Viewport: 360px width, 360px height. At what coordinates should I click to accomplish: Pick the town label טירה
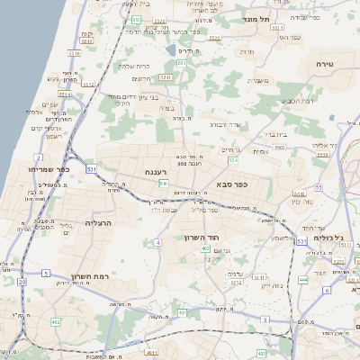pyautogui.click(x=325, y=64)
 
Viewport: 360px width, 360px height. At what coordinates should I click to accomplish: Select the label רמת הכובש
pyautogui.click(x=300, y=101)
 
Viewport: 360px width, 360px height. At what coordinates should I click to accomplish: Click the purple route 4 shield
pyautogui.click(x=157, y=242)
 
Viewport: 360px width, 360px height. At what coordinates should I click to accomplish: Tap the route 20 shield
pyautogui.click(x=21, y=282)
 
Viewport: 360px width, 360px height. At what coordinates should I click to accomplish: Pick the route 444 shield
pyautogui.click(x=302, y=280)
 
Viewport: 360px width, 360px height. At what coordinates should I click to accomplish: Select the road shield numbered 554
pyautogui.click(x=233, y=159)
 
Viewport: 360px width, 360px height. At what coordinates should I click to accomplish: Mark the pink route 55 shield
pyautogui.click(x=319, y=187)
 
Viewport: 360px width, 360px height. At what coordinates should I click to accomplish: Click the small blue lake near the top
pyautogui.click(x=170, y=51)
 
